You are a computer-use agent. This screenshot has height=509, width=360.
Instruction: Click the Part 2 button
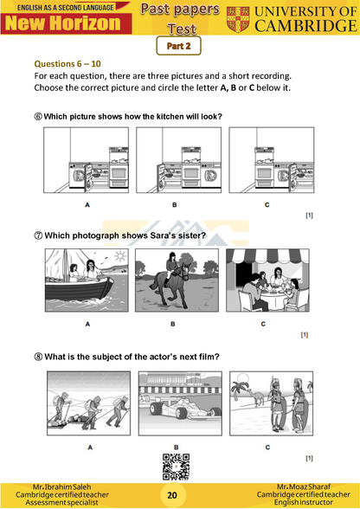178,46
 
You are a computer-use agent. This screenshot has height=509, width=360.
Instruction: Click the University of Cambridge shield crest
238,19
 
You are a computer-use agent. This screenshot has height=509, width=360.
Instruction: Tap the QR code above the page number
176,467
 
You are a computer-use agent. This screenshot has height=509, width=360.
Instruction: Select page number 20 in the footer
172,495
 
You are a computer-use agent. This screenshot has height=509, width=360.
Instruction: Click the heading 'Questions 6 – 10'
67,64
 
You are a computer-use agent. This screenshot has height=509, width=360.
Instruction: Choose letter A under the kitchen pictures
87,205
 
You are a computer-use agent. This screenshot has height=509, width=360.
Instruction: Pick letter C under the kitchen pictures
267,205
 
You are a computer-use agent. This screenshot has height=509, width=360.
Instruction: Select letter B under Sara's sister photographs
173,324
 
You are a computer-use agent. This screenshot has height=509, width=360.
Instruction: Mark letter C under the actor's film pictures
267,448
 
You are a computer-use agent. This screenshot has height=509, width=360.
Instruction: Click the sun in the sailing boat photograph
119,256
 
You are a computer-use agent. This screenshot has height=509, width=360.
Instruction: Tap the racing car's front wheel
156,409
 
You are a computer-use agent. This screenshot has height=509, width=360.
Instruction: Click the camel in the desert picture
256,397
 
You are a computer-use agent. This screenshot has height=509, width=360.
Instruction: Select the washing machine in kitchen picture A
77,176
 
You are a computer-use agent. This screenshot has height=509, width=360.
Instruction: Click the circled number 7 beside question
38,235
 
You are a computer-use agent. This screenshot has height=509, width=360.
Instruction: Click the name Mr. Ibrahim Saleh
62,486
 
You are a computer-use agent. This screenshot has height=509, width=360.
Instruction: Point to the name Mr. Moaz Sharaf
304,486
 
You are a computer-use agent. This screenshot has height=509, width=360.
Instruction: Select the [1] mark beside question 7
304,334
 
